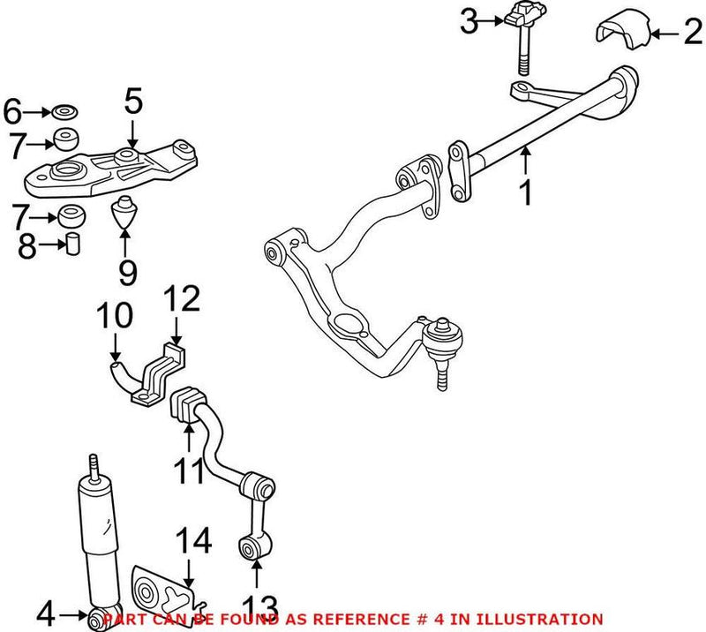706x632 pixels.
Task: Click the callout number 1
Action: coord(527,192)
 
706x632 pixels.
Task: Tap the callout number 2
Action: coord(691,34)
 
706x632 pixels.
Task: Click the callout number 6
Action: coord(12,112)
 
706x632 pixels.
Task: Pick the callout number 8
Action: coord(27,246)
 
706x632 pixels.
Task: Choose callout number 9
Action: coord(128,271)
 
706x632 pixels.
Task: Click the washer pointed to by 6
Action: coord(64,112)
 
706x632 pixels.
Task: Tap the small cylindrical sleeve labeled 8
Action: coord(75,245)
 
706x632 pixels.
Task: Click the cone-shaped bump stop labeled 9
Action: coord(126,212)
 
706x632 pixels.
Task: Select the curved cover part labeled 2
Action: coord(625,34)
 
